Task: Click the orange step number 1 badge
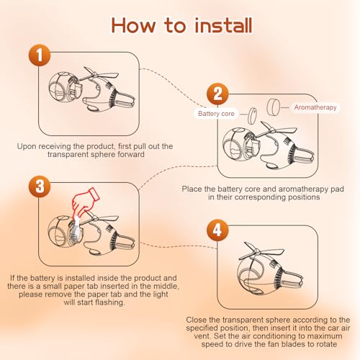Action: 40,55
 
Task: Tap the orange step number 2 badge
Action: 217,94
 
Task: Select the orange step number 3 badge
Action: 40,186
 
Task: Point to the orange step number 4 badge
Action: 217,230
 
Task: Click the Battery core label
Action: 216,114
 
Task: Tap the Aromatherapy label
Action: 315,107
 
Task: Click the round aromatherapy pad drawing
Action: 274,107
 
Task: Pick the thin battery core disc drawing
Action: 252,116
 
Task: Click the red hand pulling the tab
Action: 86,202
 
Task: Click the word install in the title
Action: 223,25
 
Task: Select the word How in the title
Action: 133,25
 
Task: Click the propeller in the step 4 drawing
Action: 261,251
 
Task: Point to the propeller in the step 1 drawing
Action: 99,74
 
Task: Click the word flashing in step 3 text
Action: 110,302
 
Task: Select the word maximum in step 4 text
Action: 325,336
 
